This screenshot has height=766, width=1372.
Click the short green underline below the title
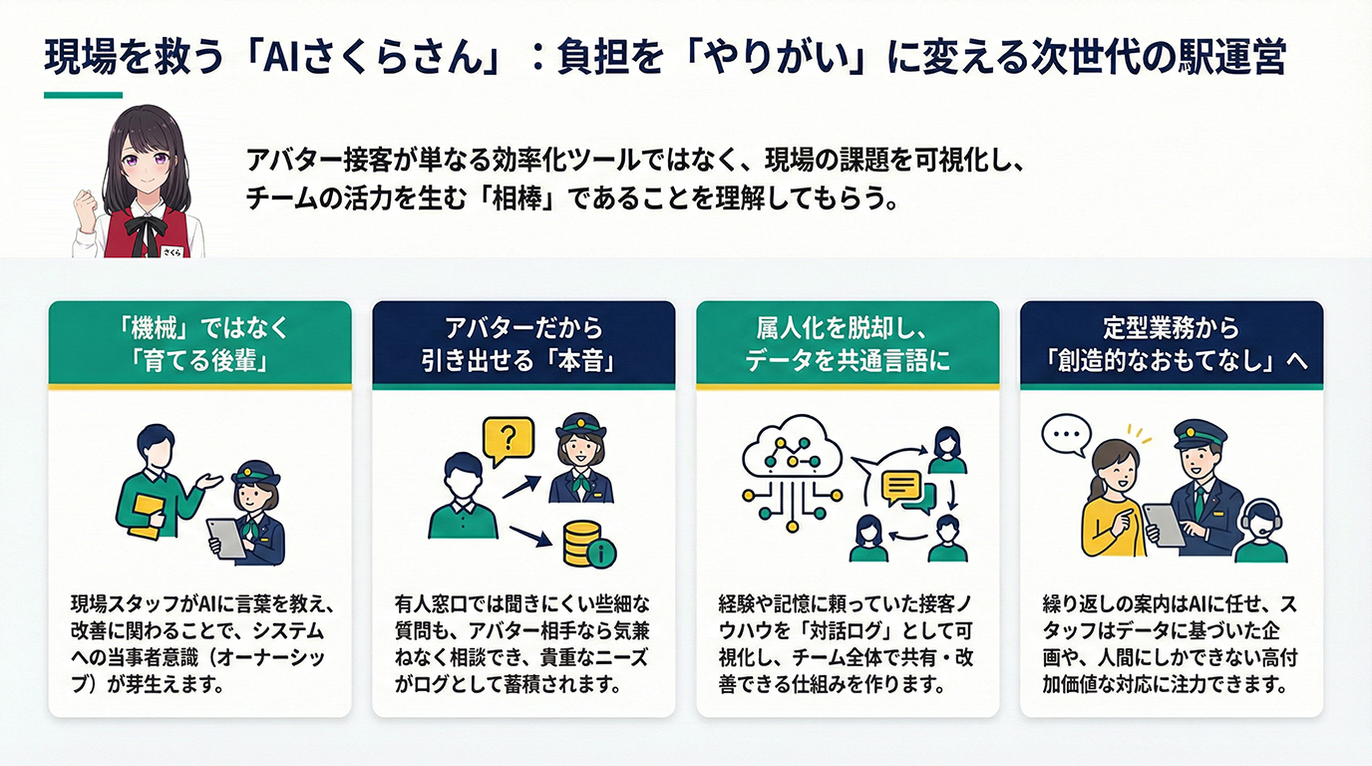tap(83, 96)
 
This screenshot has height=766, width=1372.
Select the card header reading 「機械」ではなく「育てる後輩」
tap(199, 344)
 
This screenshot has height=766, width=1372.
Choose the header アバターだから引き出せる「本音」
tap(523, 344)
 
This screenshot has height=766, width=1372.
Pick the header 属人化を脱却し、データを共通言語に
tap(848, 344)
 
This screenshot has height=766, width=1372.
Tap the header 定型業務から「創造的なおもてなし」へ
tap(1172, 344)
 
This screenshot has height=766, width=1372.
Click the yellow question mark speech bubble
tap(508, 440)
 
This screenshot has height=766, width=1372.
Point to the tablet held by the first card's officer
tap(226, 540)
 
